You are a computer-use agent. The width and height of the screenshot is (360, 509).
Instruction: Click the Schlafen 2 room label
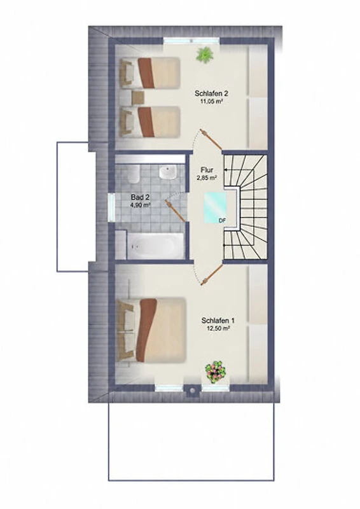coord(211,94)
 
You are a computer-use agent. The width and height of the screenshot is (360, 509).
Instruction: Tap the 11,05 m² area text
coord(211,101)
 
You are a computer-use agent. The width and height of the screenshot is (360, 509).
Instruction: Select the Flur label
coord(207,170)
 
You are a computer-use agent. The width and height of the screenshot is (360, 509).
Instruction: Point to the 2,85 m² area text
coord(207,178)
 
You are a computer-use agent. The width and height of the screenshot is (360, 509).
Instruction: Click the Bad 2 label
coord(140,197)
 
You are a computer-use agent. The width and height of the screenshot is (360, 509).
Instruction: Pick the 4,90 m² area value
coord(140,205)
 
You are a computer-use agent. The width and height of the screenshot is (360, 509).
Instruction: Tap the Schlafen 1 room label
coord(218,321)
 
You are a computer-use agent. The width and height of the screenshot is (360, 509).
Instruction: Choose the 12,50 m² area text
coord(218,328)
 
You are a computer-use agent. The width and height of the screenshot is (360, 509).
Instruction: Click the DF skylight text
coord(222,220)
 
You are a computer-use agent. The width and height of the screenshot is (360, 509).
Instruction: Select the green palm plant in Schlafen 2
coord(205,54)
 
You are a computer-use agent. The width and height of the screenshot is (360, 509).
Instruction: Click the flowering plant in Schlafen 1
coord(216,370)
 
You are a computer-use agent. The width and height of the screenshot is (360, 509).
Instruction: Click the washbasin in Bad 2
coord(168,172)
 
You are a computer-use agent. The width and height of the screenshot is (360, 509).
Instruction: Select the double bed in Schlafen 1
coord(151,330)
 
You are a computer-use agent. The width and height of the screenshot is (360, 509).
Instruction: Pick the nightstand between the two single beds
coord(138,97)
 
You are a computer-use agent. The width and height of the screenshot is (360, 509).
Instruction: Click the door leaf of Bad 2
coord(176,211)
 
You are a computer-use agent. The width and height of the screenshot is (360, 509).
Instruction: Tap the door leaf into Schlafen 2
coord(211,139)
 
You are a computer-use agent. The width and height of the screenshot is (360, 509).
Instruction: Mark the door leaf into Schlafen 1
coord(212,275)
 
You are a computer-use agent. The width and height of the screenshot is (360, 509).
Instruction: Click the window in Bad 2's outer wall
coord(112,207)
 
